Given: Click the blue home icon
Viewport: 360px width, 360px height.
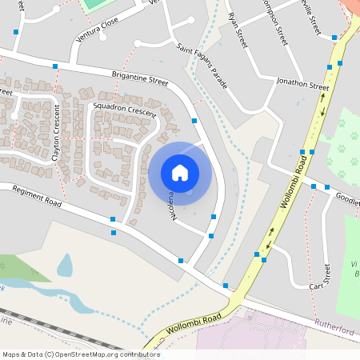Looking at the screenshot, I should pyautogui.click(x=180, y=173).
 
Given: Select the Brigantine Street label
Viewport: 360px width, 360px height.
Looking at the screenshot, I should pyautogui.click(x=140, y=81).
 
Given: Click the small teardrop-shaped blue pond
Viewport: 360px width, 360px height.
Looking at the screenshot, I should pyautogui.click(x=64, y=266).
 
